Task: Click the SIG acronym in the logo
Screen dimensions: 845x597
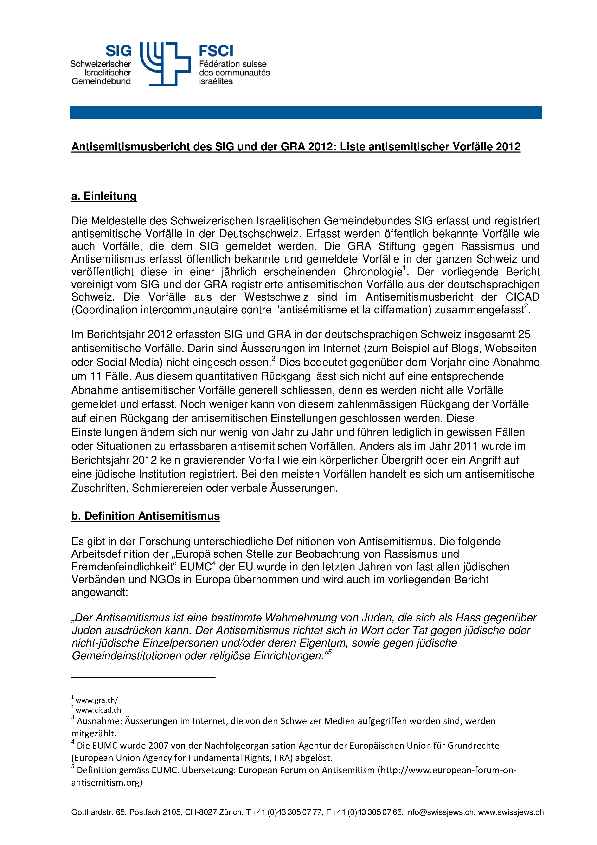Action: tap(118, 51)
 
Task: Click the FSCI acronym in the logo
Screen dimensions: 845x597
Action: tap(216, 51)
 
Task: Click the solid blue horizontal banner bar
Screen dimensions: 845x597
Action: tap(305, 113)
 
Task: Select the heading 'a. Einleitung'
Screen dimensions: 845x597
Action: tap(104, 196)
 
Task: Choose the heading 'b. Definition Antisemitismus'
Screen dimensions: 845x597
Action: tap(145, 516)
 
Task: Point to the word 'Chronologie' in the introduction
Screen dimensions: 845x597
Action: tap(372, 272)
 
